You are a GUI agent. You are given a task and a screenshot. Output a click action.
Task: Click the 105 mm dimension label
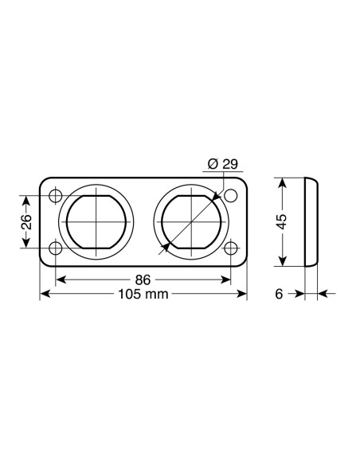click(143, 295)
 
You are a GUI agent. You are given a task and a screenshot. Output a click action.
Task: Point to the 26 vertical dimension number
click(26, 222)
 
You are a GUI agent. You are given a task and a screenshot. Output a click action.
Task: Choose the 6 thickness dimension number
click(279, 295)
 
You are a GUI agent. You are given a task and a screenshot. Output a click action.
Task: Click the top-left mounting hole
click(56, 196)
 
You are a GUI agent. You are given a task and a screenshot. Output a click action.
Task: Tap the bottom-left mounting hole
click(56, 248)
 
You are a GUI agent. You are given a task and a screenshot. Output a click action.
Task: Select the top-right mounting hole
click(231, 196)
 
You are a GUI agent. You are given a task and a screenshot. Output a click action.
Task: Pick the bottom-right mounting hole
click(231, 248)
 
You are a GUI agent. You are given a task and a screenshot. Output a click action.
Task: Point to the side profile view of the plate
click(311, 222)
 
